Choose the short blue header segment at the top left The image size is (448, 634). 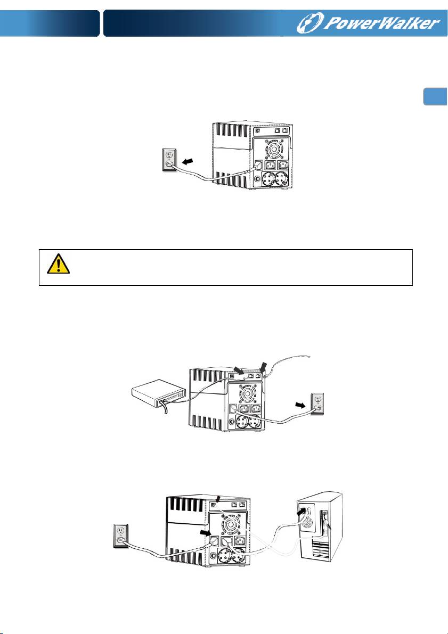pos(50,23)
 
